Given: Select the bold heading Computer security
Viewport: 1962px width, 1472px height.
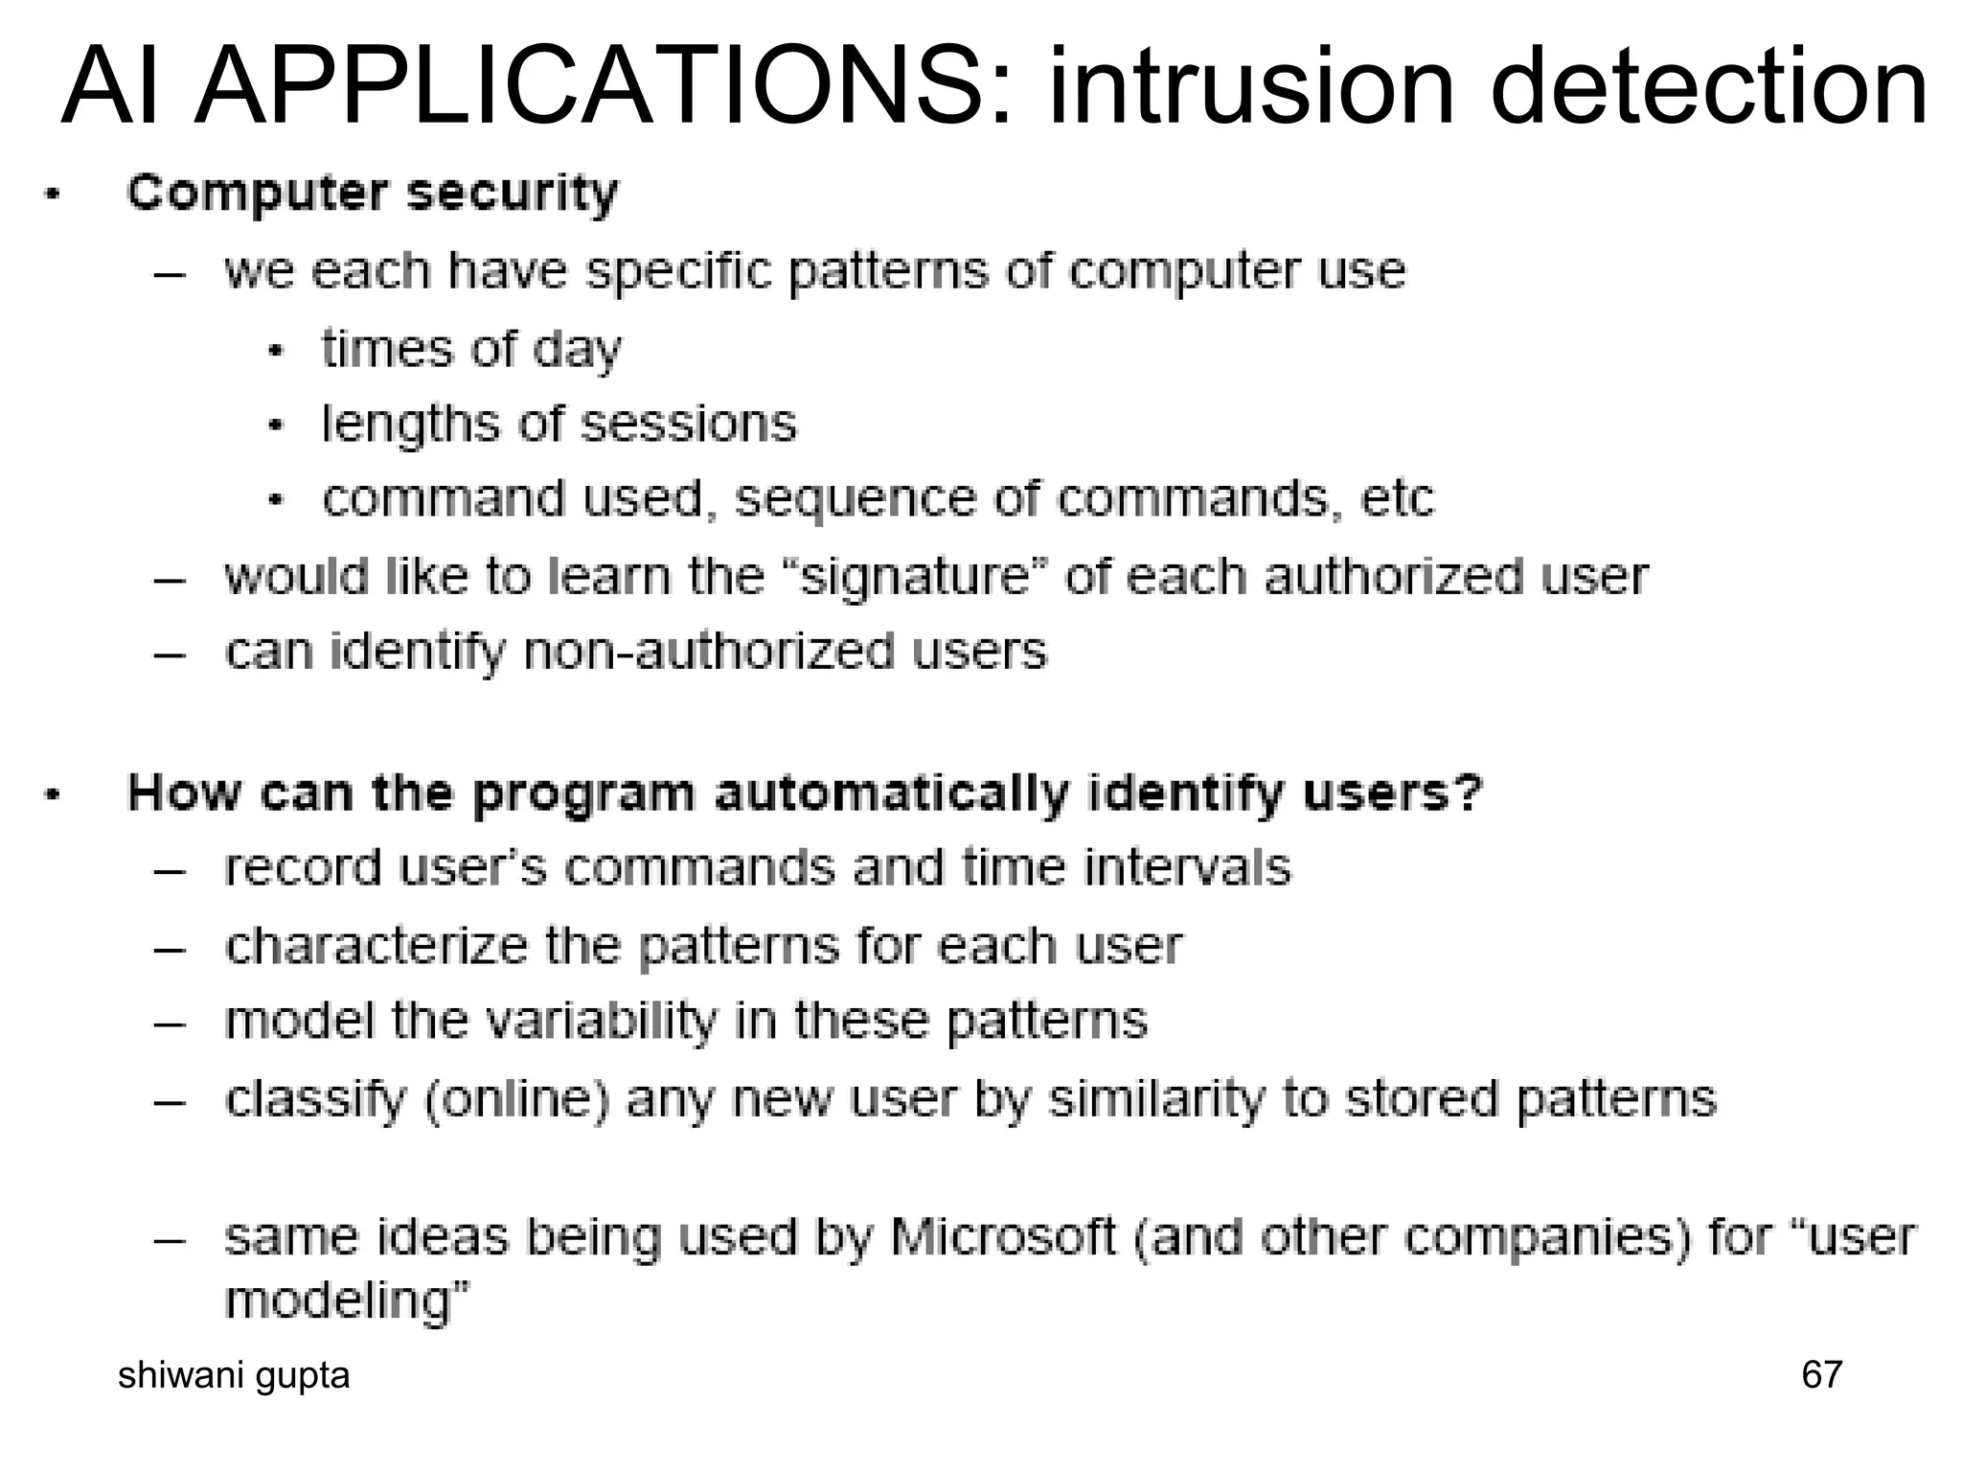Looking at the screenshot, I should [x=373, y=195].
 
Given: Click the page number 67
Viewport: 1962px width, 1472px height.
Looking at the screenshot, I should [x=1821, y=1374].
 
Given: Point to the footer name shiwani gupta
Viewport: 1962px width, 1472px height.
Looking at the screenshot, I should [x=234, y=1375].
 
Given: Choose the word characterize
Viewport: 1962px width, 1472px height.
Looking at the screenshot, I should [x=376, y=945].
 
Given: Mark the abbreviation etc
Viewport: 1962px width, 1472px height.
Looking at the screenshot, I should [x=1397, y=498].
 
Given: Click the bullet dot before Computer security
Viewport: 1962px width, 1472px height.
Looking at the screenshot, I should [x=54, y=195].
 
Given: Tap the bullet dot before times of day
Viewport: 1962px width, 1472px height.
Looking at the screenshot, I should [x=276, y=351].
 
